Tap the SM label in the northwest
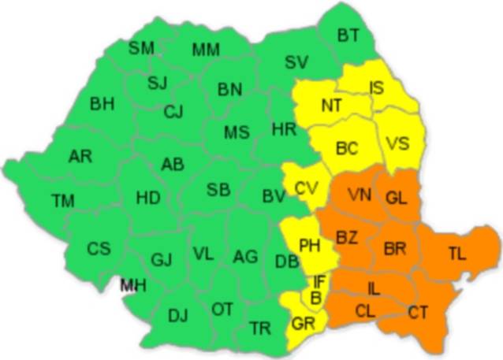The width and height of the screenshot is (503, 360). (x=141, y=48)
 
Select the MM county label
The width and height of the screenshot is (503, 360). (x=206, y=50)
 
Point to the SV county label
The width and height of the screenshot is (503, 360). (x=296, y=62)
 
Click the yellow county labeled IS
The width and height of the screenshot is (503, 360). (x=377, y=88)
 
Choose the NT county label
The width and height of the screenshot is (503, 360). (x=332, y=105)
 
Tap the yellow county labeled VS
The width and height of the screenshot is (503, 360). (x=398, y=144)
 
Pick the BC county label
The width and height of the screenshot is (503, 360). (x=347, y=147)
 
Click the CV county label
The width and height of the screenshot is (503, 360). (x=306, y=188)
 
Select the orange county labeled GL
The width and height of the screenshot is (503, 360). (x=397, y=198)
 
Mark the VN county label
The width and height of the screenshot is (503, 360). (x=359, y=195)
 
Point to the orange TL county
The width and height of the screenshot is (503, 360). (x=456, y=253)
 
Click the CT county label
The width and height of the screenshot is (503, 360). (x=418, y=313)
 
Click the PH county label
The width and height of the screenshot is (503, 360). (x=308, y=246)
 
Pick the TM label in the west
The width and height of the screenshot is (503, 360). (x=63, y=201)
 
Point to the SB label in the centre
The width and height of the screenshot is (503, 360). (x=218, y=189)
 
